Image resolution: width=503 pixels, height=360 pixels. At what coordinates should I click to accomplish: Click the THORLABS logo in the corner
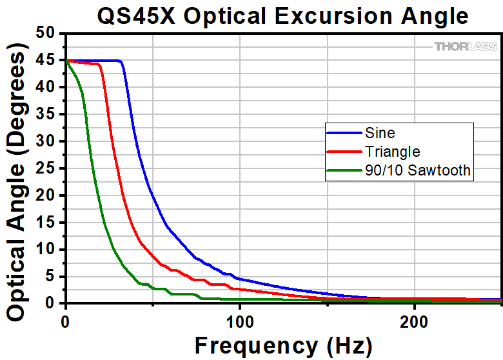pos(465,46)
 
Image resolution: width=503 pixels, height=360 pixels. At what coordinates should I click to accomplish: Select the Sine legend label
pos(380,134)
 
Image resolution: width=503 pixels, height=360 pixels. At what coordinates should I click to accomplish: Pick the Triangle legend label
pos(392,152)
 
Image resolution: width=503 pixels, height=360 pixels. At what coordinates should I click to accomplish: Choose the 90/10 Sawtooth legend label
pos(417,170)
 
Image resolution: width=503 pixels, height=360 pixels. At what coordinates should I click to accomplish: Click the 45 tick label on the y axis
pos(45,61)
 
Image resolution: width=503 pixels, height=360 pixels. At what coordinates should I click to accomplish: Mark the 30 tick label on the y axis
pos(45,141)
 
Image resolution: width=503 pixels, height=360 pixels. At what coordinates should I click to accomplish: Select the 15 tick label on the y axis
pos(45,223)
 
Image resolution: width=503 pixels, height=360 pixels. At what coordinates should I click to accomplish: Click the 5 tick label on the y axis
pos(51,277)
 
